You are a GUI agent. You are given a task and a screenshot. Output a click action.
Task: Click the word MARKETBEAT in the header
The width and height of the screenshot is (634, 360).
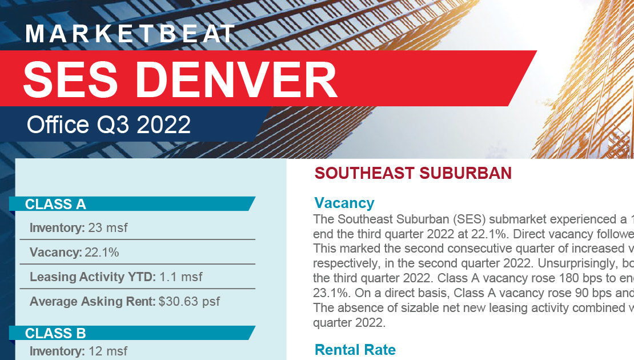130,34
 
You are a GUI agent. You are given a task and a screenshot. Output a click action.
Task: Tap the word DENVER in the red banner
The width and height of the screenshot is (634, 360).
236,79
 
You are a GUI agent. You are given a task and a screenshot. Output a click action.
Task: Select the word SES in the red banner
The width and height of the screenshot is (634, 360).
71,79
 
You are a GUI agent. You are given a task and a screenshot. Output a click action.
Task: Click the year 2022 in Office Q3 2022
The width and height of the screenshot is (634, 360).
164,125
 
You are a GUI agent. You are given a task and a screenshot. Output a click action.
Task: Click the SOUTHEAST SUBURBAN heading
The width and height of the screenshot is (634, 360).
413,173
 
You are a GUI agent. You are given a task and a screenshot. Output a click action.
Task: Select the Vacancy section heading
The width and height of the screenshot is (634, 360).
344,203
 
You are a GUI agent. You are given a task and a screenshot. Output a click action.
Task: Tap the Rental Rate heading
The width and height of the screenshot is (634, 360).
355,350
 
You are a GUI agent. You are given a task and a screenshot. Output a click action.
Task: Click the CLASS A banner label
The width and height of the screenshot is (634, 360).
55,204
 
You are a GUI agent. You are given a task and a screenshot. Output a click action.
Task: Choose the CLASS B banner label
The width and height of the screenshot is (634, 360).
55,333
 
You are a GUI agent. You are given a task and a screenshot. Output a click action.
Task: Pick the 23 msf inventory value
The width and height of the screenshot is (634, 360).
107,228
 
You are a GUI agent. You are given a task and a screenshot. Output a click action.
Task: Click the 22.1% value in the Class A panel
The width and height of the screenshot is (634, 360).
102,253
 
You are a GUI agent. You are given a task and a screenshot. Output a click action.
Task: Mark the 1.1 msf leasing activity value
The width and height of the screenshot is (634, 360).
180,277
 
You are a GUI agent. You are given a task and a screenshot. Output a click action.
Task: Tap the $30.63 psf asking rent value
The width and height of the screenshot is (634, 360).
189,301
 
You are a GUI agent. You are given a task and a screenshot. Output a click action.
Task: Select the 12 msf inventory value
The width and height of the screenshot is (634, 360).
107,351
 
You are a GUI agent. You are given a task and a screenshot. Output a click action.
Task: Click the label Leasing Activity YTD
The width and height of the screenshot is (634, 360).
93,277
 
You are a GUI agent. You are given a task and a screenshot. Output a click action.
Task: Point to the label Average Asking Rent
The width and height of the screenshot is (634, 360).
93,302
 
